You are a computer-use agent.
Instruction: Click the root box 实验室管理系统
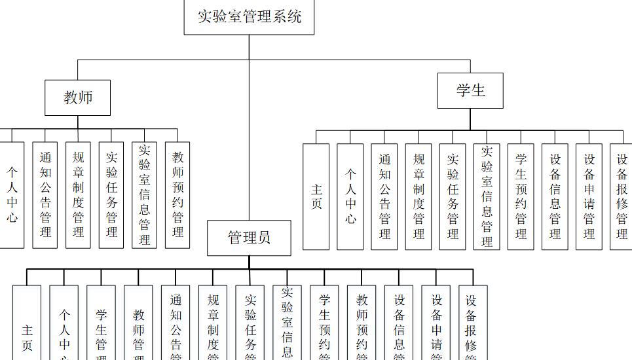(249, 16)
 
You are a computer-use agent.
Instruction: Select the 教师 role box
(77, 98)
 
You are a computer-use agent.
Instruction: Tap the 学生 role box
(470, 90)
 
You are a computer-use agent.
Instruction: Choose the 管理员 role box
(249, 238)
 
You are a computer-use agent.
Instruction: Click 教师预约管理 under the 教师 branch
(177, 195)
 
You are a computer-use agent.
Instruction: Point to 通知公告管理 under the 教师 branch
(45, 195)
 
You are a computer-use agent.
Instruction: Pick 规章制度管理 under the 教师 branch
(78, 195)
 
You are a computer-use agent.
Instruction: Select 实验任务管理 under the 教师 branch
(111, 195)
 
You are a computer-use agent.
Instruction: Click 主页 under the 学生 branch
(316, 196)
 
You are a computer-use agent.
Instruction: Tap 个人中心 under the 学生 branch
(350, 196)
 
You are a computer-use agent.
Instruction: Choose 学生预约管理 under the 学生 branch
(521, 196)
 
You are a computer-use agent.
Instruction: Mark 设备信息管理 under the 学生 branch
(555, 196)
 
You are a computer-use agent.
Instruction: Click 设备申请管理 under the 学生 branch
(589, 196)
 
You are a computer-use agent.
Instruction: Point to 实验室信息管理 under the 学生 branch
(487, 196)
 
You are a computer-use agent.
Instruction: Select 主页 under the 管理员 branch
(27, 331)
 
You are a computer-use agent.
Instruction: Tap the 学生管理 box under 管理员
(101, 331)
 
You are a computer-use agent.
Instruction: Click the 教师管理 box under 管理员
(138, 331)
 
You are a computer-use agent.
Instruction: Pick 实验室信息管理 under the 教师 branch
(144, 195)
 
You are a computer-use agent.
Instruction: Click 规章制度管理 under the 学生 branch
(418, 196)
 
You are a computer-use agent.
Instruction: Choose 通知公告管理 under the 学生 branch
(384, 196)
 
